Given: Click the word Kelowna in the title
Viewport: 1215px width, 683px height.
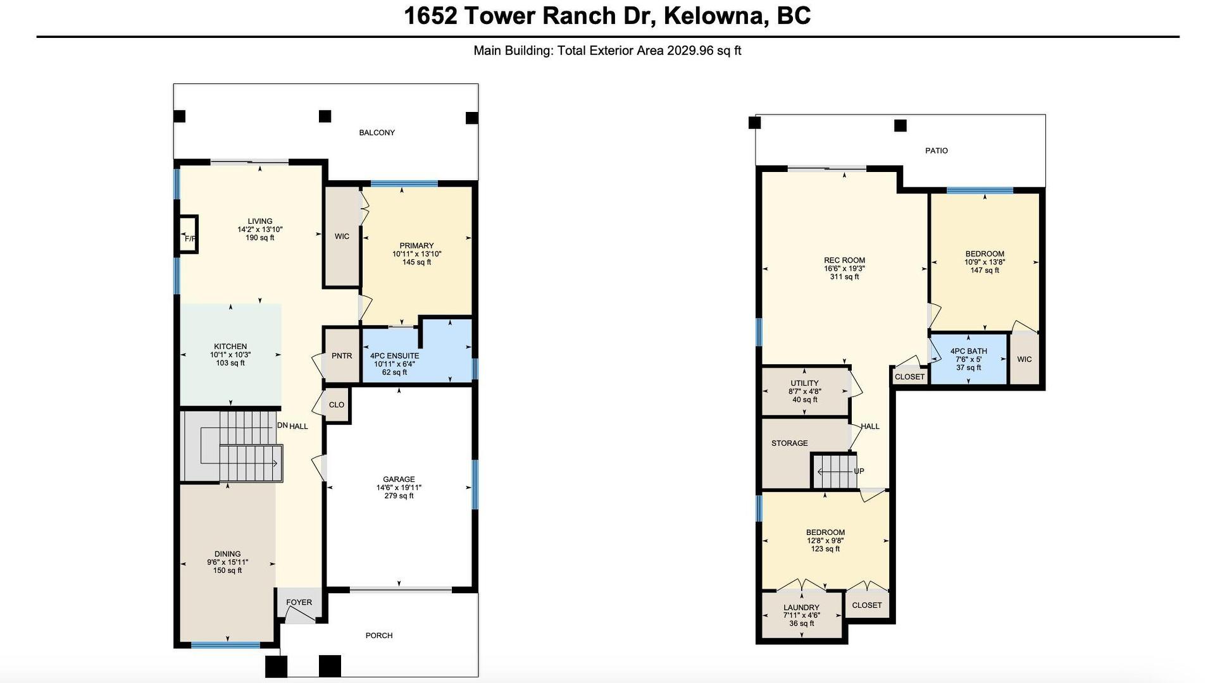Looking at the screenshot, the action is [x=713, y=16].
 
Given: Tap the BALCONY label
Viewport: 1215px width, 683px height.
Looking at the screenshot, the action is [x=377, y=133].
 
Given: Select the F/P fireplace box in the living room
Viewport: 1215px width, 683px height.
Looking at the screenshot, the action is [x=188, y=235].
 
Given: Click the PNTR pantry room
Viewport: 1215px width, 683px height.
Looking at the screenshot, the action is [x=342, y=355].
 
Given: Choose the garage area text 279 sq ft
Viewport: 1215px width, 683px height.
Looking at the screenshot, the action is [x=399, y=496].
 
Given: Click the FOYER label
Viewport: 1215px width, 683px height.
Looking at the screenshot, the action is [x=299, y=602].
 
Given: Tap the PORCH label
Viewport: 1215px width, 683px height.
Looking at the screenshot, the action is [x=379, y=636].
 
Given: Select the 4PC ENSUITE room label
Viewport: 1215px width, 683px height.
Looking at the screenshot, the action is [x=394, y=356].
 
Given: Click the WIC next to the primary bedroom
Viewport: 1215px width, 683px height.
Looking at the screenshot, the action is [x=342, y=237].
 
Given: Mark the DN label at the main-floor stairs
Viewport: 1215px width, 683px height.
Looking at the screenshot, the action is [x=282, y=426].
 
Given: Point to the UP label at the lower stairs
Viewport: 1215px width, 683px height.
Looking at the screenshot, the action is [x=859, y=471].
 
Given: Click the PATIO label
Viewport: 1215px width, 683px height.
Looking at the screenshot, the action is [x=937, y=151].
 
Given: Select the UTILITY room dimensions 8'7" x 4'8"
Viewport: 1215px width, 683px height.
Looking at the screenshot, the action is [x=804, y=391].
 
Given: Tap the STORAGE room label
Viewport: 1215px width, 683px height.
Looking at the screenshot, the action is [x=789, y=443].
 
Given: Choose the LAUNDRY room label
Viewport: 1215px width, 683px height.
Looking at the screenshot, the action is [x=801, y=608].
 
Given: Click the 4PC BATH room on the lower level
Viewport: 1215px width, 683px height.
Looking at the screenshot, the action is [x=968, y=359].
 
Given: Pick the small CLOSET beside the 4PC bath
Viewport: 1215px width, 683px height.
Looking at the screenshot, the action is [x=910, y=376].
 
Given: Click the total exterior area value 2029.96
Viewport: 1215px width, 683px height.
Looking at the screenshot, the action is [x=690, y=51].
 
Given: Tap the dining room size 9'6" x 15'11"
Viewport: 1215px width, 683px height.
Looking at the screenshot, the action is [x=227, y=562].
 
